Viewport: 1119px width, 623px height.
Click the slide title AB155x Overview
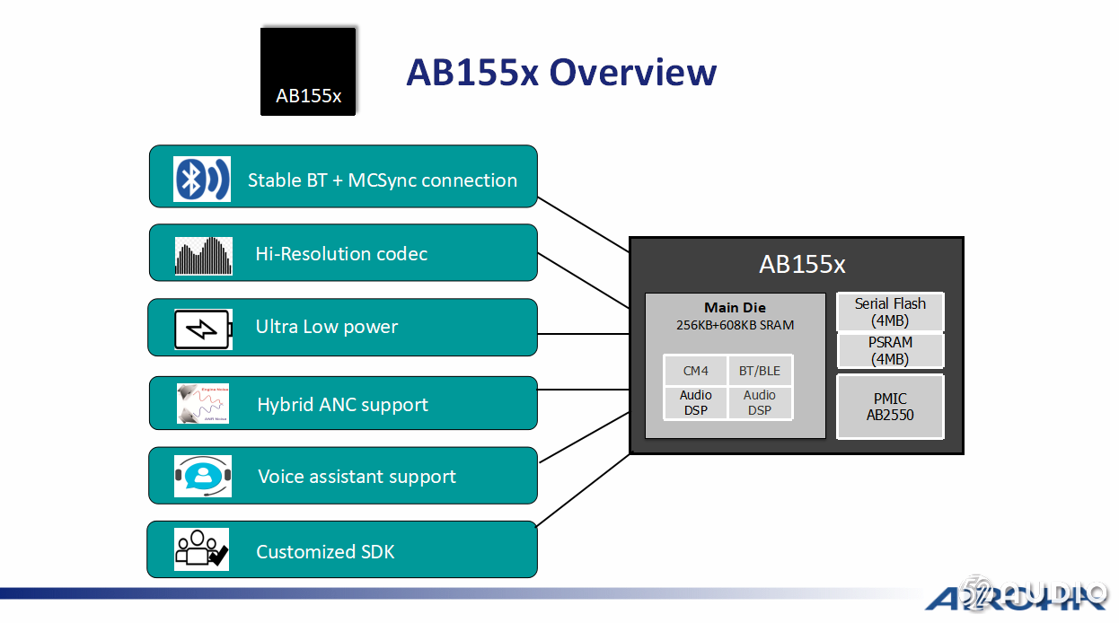click(560, 72)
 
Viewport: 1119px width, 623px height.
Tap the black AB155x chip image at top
click(308, 71)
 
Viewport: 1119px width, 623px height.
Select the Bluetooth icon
click(202, 180)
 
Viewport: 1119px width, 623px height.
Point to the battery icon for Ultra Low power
click(203, 329)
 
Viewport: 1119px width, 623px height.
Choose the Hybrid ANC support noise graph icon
click(203, 403)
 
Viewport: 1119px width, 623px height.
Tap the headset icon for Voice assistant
click(203, 476)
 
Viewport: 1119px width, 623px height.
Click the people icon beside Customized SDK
click(202, 549)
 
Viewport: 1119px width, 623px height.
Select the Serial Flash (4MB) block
click(890, 312)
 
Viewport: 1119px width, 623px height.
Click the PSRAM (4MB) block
click(890, 351)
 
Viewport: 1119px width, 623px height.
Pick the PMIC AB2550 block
click(890, 407)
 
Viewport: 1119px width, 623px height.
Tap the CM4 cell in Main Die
click(695, 371)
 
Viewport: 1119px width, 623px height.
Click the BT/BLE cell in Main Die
click(760, 371)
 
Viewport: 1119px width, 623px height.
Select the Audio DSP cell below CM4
click(695, 402)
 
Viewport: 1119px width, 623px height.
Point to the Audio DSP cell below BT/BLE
click(760, 402)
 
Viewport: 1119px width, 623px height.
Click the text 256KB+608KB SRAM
click(735, 325)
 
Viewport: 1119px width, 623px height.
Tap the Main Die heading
click(735, 308)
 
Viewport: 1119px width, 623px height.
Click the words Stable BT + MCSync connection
click(383, 180)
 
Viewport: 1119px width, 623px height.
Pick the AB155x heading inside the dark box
click(802, 265)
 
